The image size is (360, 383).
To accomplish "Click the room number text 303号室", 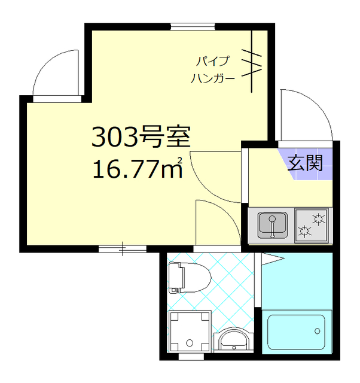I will pyautogui.click(x=141, y=138).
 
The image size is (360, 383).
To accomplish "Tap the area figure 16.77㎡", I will pyautogui.click(x=137, y=169).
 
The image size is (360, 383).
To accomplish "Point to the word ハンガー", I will pyautogui.click(x=213, y=78).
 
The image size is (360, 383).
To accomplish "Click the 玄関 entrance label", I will pyautogui.click(x=306, y=163).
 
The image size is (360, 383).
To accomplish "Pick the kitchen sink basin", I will pyautogui.click(x=272, y=226).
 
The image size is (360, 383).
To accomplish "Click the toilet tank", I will pyautogui.click(x=174, y=278).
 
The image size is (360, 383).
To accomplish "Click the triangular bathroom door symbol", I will pyautogui.click(x=270, y=259).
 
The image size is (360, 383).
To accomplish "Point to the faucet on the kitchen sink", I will pyautogui.click(x=272, y=226).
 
